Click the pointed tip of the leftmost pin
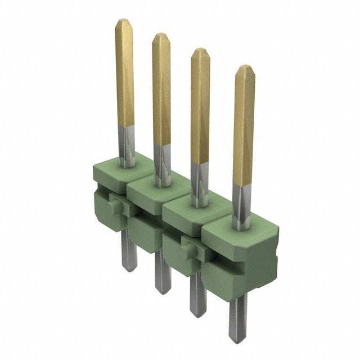coord(124,22)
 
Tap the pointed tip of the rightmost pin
coord(245,69)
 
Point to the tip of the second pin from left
coord(161,37)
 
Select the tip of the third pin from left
coord(200,52)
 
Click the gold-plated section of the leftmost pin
coord(125,73)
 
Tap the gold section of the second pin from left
coord(161,90)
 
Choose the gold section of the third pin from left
coord(200,107)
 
